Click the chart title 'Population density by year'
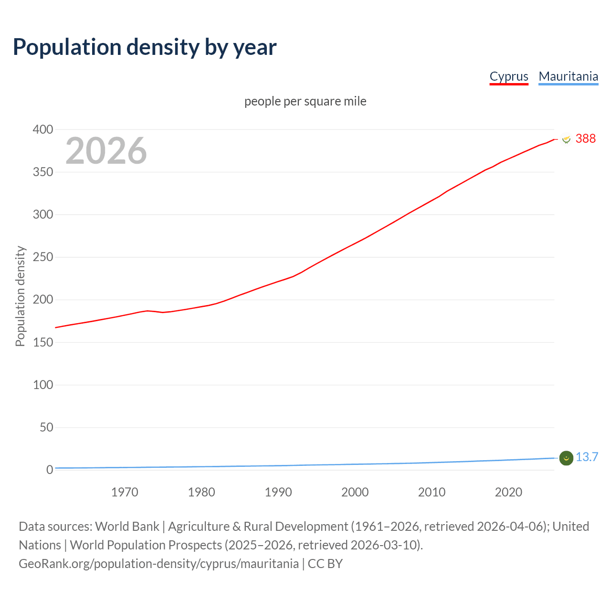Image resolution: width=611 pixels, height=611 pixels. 145,47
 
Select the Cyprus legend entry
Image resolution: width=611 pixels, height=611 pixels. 509,76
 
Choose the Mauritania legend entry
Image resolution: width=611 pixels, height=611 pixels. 568,76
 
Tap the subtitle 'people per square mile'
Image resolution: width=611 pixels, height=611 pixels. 305,101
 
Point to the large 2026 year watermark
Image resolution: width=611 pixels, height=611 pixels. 106,151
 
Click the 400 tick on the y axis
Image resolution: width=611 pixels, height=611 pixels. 43,129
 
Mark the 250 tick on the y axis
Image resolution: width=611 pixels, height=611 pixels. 43,257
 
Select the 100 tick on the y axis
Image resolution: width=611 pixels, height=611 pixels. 43,385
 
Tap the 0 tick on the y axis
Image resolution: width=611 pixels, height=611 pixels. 50,470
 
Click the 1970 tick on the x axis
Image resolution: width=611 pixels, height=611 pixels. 125,492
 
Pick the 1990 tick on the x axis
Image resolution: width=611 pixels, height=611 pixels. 278,492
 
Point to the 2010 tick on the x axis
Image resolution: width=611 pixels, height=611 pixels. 432,492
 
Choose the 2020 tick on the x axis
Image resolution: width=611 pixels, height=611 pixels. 508,492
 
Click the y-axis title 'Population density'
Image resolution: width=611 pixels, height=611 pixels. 20,296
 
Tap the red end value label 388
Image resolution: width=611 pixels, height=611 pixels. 586,138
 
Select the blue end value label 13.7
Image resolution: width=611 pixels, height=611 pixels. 587,457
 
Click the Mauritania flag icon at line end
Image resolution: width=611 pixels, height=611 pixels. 566,458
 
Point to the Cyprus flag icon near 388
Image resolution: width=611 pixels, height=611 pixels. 566,139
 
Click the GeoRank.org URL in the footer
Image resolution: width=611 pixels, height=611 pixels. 158,564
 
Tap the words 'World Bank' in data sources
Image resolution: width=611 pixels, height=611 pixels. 127,527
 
